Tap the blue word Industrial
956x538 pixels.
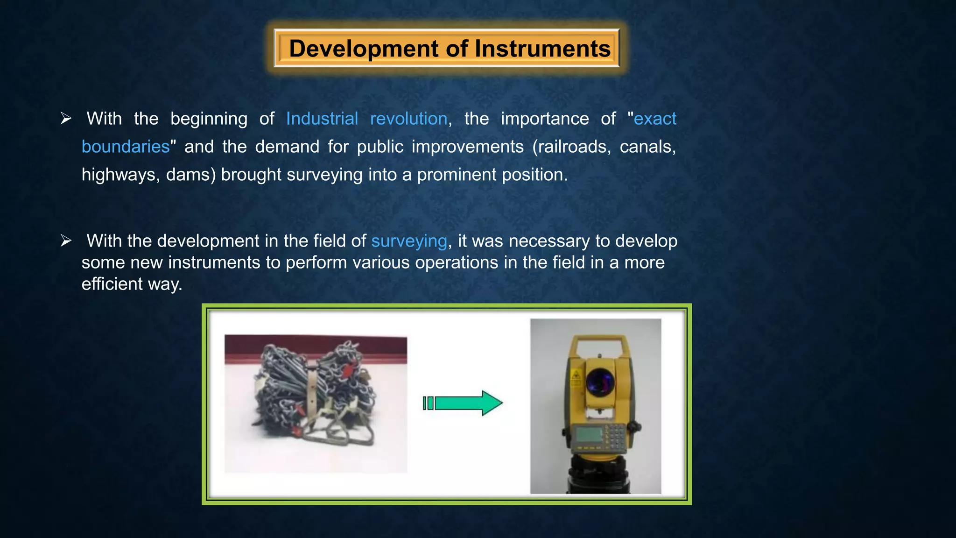tap(322, 119)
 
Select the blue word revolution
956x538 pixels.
tap(408, 119)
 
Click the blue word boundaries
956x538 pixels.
tap(125, 147)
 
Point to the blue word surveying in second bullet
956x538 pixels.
tap(409, 241)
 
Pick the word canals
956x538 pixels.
tap(647, 147)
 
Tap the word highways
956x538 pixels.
tap(120, 175)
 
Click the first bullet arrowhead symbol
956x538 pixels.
tap(66, 119)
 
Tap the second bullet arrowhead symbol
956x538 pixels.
tap(66, 241)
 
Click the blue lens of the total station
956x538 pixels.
tap(600, 380)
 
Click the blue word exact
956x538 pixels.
tap(654, 119)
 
